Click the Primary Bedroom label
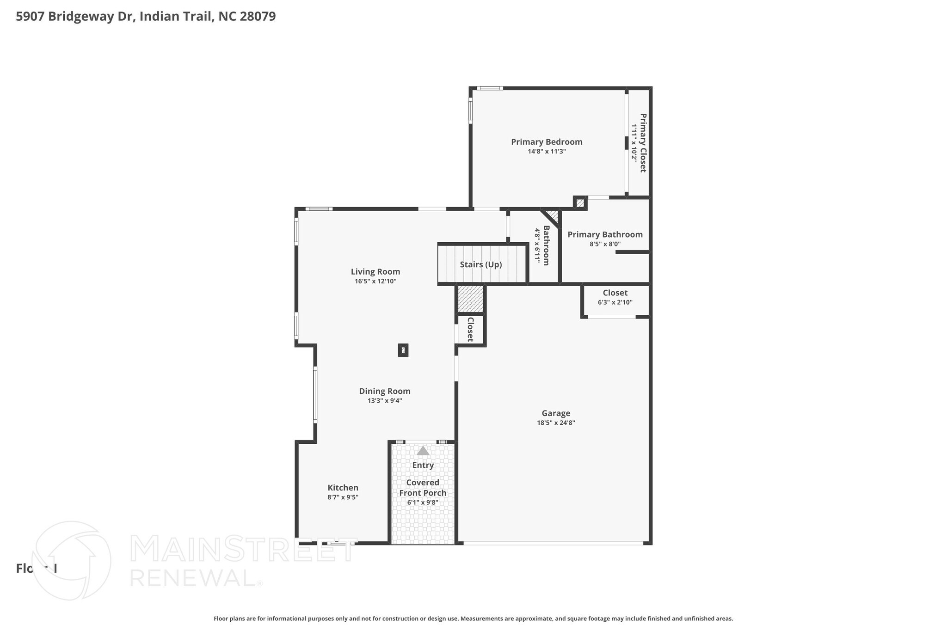click(547, 142)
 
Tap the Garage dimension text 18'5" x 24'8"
click(556, 423)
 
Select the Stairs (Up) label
click(481, 264)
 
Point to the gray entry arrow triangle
click(423, 451)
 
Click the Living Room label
click(375, 272)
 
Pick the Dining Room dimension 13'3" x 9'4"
click(385, 401)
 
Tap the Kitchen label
click(343, 488)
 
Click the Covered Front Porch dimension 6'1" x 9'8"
click(423, 502)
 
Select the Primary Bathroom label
click(605, 234)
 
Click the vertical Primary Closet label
click(643, 143)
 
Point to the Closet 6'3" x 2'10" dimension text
click(615, 302)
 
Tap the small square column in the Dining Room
click(403, 350)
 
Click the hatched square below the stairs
click(470, 299)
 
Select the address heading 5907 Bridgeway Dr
click(146, 17)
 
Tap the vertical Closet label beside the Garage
click(470, 329)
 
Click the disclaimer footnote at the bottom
click(473, 619)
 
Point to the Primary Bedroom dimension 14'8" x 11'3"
click(547, 151)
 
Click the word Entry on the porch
click(423, 465)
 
